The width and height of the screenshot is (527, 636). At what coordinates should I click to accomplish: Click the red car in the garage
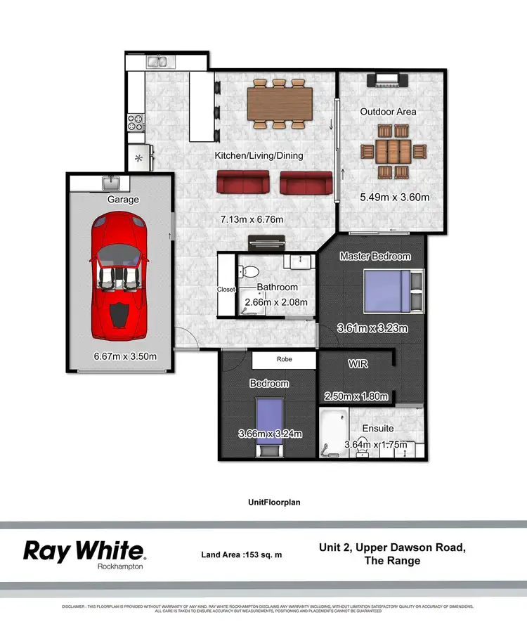click(119, 277)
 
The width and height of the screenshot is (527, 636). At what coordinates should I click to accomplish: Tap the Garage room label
click(123, 200)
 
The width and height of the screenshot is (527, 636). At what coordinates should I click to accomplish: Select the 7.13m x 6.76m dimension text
click(252, 220)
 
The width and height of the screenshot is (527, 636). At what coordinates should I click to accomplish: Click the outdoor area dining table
click(393, 152)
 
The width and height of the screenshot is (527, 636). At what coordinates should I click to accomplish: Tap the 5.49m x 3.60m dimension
click(393, 197)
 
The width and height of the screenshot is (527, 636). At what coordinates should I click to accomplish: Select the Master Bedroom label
click(375, 257)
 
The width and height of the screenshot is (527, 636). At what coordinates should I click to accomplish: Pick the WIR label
click(358, 364)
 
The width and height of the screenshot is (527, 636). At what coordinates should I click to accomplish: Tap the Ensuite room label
click(378, 428)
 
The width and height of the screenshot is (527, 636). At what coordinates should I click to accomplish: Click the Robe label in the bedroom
click(285, 359)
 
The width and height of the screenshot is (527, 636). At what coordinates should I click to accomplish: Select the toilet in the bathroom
click(250, 272)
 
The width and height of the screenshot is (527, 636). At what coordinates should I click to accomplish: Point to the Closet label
click(226, 289)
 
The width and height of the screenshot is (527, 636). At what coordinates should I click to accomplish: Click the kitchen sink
click(156, 63)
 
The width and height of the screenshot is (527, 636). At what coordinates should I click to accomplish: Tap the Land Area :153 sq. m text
click(241, 554)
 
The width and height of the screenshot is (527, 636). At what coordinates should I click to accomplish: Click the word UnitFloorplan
click(263, 502)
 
